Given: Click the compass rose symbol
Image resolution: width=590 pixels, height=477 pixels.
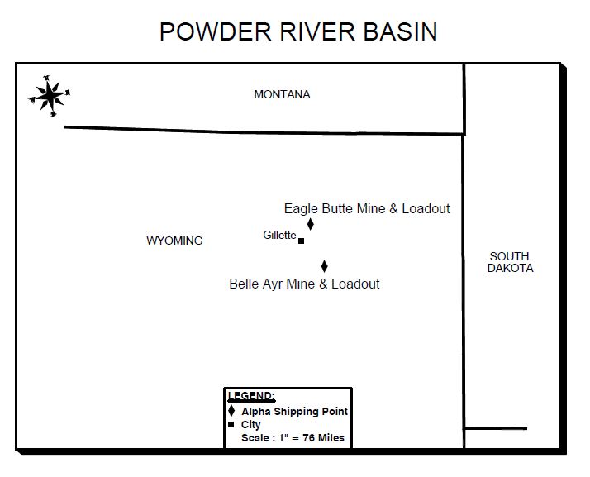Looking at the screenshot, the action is [50, 96].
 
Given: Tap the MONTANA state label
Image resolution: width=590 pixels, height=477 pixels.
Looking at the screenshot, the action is [282, 94].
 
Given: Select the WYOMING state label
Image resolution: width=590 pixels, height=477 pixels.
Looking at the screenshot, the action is [174, 241].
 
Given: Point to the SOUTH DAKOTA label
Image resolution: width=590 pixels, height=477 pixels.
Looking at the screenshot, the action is [510, 262].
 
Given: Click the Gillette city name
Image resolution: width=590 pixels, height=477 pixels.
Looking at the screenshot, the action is [279, 235].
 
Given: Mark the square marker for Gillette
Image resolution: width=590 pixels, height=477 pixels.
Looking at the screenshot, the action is [301, 241].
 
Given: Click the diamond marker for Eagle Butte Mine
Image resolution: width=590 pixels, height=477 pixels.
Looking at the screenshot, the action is [311, 224].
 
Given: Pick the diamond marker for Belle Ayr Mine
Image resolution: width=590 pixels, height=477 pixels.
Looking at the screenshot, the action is [325, 266].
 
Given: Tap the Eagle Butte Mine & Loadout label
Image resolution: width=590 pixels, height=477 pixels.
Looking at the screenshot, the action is [367, 208].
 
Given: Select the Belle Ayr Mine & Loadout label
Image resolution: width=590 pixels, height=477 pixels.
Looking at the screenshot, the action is [304, 284].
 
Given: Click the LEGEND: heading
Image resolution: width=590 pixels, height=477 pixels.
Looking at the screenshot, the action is [251, 396].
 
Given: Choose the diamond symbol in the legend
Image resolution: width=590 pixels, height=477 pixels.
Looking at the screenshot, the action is [231, 411].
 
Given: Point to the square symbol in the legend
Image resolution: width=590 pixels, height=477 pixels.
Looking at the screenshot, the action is [231, 425].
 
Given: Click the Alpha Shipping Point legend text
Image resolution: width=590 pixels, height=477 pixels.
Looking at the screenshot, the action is [295, 412].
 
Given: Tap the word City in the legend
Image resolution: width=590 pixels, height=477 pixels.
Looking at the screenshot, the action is [251, 425].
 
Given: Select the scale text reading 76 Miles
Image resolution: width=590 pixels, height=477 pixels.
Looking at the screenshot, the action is [324, 438].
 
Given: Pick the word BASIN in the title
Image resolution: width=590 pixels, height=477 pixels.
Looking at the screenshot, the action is [400, 31].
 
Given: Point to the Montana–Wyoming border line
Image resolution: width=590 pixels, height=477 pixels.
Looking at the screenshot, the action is [264, 131].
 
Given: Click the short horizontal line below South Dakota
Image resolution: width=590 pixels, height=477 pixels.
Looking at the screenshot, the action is [496, 428].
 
